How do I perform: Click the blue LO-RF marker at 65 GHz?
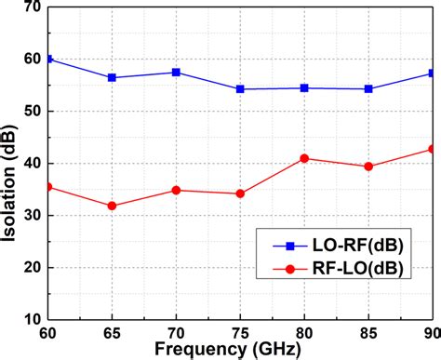click(x=113, y=77)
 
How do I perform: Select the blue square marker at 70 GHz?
click(x=176, y=72)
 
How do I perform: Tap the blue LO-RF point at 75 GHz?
click(x=240, y=89)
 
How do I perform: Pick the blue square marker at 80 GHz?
click(x=304, y=87)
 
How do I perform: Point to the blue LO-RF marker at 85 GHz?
click(x=368, y=88)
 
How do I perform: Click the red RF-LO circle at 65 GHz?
click(x=113, y=206)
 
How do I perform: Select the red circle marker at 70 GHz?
click(x=176, y=190)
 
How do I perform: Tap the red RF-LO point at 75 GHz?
click(x=240, y=193)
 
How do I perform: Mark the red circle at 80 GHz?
click(x=304, y=158)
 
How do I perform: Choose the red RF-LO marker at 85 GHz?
click(x=368, y=167)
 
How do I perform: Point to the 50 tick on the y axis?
click(x=34, y=111)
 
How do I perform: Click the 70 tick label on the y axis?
click(x=34, y=7)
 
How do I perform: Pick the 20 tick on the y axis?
click(x=34, y=268)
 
